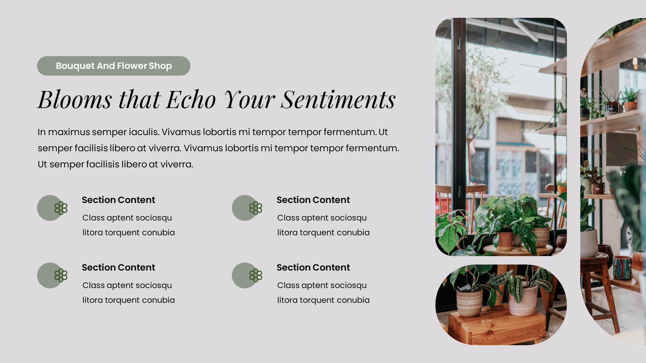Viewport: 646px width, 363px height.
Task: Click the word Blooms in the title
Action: coord(75,99)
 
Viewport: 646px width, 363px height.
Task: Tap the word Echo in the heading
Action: coord(191,99)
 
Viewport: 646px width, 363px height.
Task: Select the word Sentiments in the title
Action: coord(338,99)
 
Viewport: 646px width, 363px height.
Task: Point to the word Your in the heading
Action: coord(249,99)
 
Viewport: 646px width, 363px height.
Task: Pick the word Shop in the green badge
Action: coord(160,66)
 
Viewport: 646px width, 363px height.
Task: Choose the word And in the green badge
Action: coord(106,66)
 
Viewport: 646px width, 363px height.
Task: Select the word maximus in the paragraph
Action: coord(69,132)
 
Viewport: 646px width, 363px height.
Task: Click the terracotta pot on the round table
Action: coord(505,239)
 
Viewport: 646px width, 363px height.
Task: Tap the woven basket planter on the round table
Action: coord(541,237)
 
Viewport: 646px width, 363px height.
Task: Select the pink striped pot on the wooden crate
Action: coord(523,301)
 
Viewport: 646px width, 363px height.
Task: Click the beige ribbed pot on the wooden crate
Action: coord(469,302)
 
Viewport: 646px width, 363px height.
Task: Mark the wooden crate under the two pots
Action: coord(496,328)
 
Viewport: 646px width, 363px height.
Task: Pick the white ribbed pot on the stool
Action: coord(589,243)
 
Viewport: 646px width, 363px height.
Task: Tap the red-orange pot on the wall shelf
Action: coord(630,106)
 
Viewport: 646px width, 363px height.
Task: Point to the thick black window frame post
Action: coord(460,134)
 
